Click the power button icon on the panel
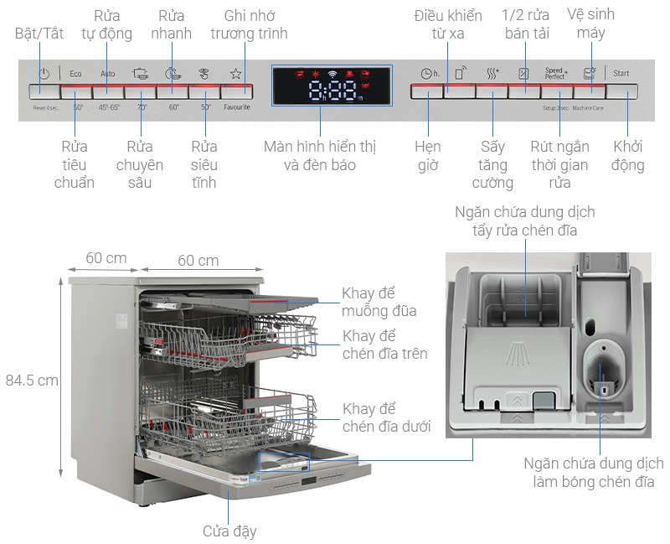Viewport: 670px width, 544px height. coord(44,74)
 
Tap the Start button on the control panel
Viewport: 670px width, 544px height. coord(621,91)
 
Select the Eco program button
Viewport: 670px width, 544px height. coord(76,91)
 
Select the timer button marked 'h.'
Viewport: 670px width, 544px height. coord(427,91)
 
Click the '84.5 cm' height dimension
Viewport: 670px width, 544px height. coord(31,380)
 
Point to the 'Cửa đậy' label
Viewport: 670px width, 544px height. coord(229,531)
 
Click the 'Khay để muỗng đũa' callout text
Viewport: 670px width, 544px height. coord(379,303)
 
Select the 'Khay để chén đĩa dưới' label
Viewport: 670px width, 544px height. coord(386,417)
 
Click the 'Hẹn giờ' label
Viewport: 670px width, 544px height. coord(428,156)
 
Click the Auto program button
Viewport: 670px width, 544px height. coord(108,91)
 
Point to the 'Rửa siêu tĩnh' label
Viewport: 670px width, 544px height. coord(204,164)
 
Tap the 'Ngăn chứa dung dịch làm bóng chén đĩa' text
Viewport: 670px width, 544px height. coord(593,473)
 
